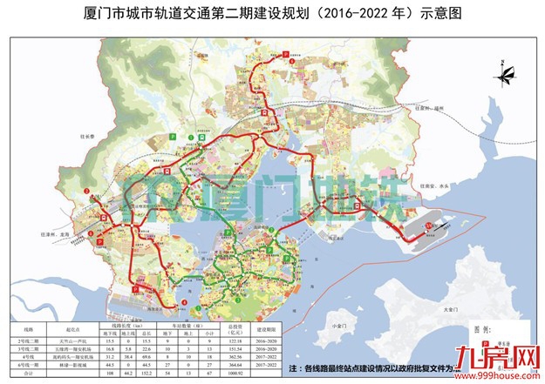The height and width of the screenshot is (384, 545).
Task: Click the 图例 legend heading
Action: (x=468, y=331)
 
